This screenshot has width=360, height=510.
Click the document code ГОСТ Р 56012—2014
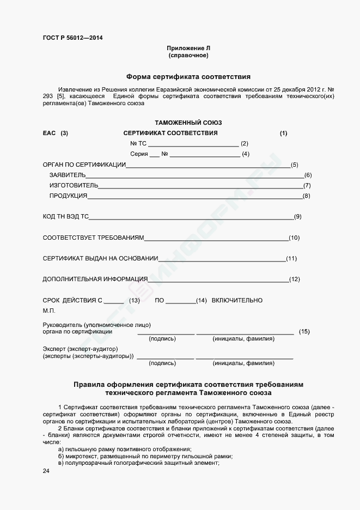[x=72, y=38]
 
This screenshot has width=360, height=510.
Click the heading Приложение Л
[x=188, y=48]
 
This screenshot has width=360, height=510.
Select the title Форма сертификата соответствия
[x=188, y=77]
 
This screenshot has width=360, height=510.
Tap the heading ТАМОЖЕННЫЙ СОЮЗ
[x=188, y=123]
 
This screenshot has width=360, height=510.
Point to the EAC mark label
[x=49, y=133]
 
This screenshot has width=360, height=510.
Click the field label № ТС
[x=138, y=143]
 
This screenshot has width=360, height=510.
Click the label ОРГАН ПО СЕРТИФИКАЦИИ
[x=84, y=165]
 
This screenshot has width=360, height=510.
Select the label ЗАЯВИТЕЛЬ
[x=68, y=175]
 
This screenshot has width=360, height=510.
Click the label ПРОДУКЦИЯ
[x=68, y=196]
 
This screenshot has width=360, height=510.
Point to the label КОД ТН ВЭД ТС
[x=65, y=217]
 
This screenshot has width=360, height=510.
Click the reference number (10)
[x=294, y=238]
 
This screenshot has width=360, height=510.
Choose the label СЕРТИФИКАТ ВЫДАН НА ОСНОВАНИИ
[x=100, y=258]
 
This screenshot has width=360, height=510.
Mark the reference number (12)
[x=295, y=280]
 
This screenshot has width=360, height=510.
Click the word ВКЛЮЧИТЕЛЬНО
[x=237, y=300]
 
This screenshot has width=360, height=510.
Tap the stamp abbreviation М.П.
[x=49, y=311]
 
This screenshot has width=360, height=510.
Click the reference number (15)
[x=304, y=331]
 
